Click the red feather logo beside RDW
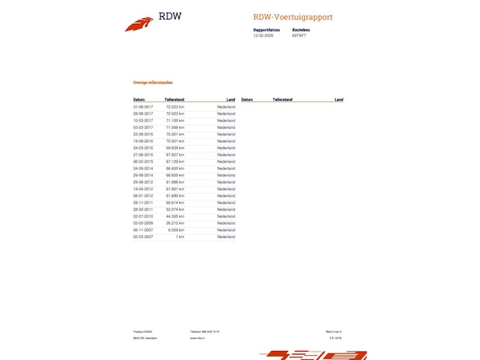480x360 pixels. [x=139, y=25]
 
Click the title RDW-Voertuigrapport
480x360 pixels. [x=293, y=17]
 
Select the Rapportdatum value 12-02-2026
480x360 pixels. [x=263, y=35]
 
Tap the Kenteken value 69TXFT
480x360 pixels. [x=299, y=35]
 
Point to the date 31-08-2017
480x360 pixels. [x=143, y=106]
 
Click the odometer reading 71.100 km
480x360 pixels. [x=175, y=120]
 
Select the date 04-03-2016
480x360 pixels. [x=143, y=148]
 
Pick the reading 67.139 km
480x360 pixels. [x=175, y=161]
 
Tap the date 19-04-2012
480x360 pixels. [x=143, y=189]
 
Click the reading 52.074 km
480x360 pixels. [x=175, y=209]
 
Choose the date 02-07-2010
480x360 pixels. [x=143, y=216]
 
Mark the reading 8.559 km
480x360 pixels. [x=177, y=230]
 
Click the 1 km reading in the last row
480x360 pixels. [x=181, y=237]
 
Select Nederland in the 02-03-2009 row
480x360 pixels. [x=226, y=223]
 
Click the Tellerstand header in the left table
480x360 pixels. [x=174, y=99]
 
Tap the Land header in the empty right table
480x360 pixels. [x=338, y=99]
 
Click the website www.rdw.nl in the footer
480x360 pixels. [x=196, y=338]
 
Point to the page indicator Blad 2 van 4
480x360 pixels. [x=334, y=331]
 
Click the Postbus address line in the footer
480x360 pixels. [x=142, y=331]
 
